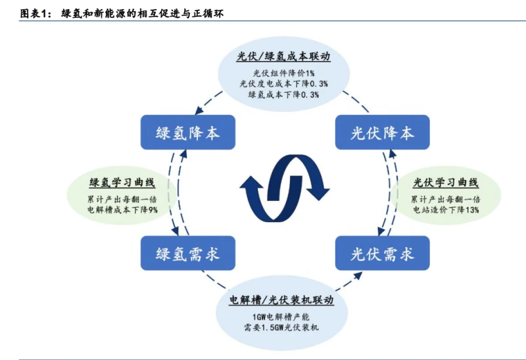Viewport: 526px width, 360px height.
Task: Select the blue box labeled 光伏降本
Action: click(x=382, y=133)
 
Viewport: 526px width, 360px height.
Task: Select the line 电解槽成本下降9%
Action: click(x=122, y=210)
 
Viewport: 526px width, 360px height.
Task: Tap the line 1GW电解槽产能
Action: click(x=281, y=316)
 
